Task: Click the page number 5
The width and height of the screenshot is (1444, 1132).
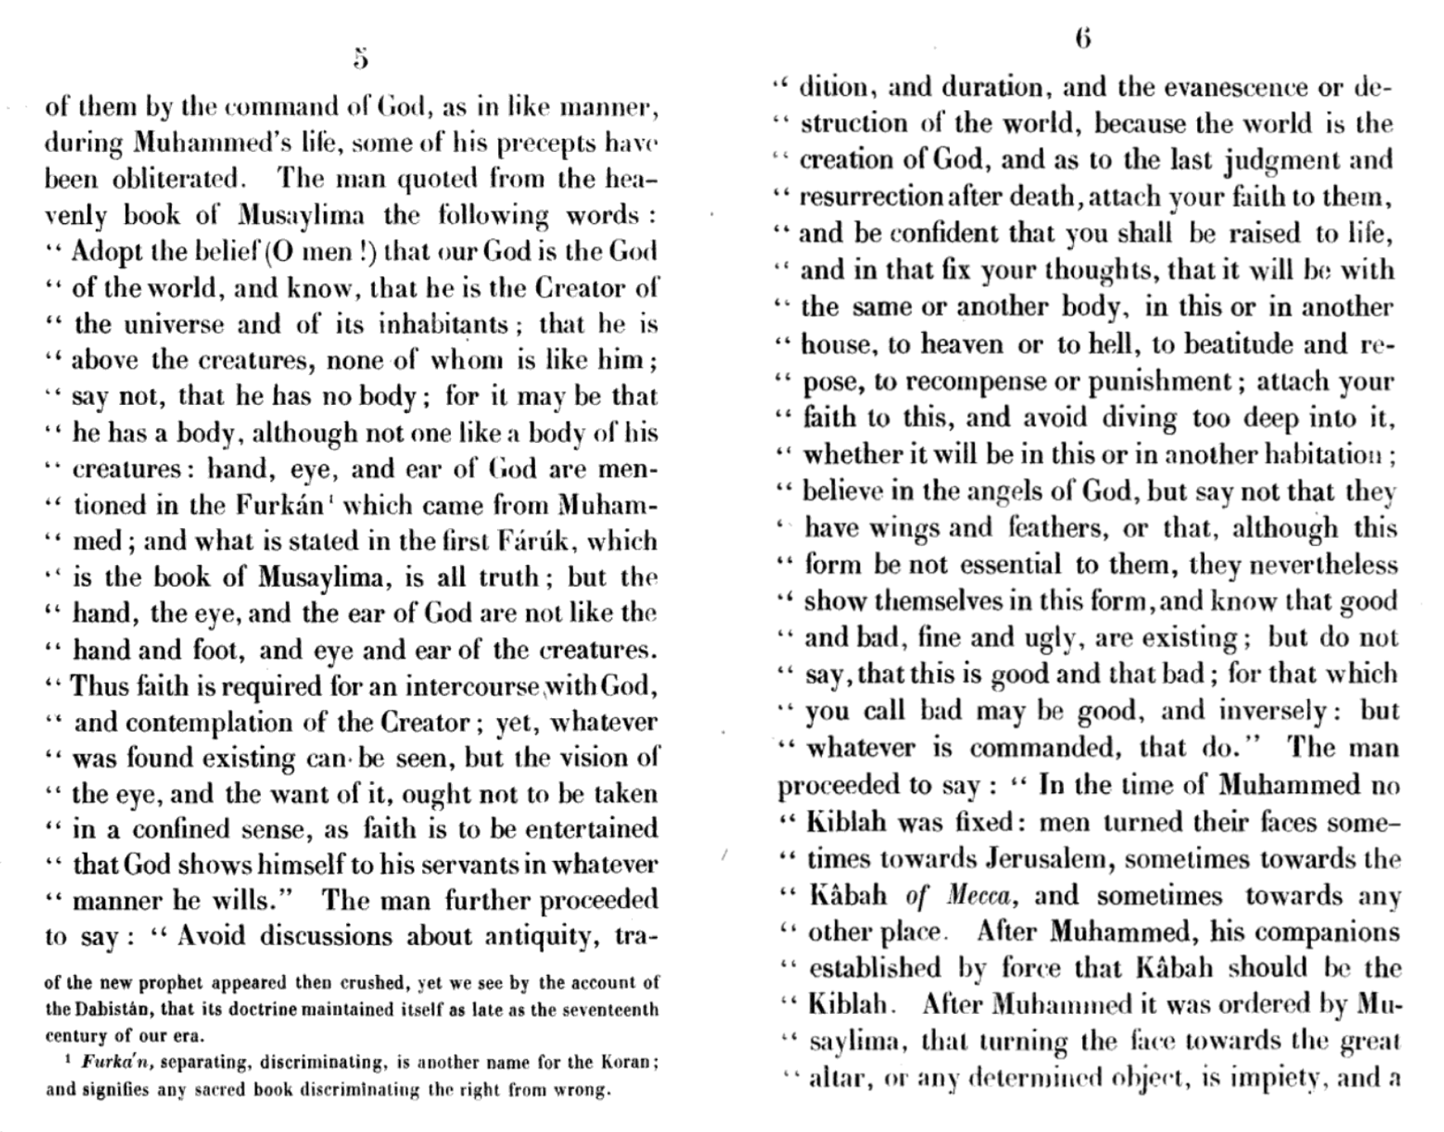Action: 360,59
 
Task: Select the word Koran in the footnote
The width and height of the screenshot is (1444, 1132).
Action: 628,1063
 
